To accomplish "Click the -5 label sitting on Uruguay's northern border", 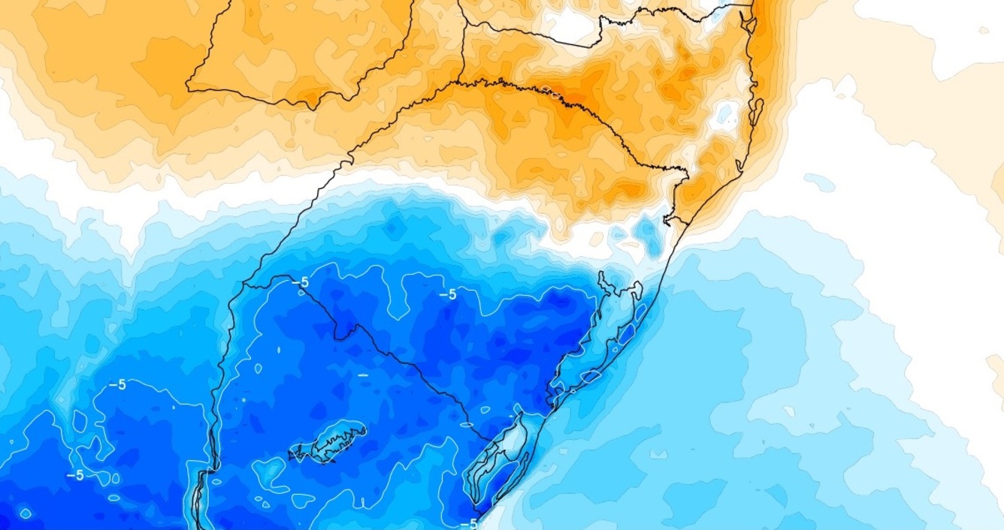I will pyautogui.click(x=301, y=282).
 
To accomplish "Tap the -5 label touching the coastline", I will pyautogui.click(x=469, y=523).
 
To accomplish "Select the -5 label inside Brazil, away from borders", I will pyautogui.click(x=447, y=294).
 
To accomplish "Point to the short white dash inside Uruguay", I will pyautogui.click(x=363, y=374).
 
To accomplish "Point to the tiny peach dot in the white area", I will pyautogui.click(x=983, y=30).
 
